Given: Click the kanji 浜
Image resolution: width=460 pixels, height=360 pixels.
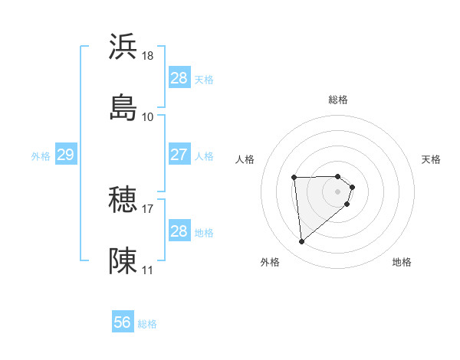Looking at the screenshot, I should click(123, 47).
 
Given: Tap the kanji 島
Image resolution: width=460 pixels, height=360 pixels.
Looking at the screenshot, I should click(123, 107).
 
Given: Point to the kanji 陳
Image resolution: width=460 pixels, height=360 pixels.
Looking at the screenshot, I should click(123, 260).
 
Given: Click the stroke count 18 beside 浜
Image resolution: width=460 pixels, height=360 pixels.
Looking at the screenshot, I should click(148, 56).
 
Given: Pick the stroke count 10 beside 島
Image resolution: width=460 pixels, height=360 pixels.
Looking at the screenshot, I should click(148, 116).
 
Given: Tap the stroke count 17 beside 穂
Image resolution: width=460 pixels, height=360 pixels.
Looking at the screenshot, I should click(148, 208).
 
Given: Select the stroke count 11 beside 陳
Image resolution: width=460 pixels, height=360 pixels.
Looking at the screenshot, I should click(148, 270).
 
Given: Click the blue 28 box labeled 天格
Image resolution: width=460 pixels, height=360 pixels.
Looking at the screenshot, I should click(179, 78).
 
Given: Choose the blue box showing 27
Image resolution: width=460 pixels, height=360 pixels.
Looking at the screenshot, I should click(179, 155).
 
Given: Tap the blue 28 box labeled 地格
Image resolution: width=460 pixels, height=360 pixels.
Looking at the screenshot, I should click(179, 231).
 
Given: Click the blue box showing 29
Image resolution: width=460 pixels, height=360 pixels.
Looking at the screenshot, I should click(65, 155).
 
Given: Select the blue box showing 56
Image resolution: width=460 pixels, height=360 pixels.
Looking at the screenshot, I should click(123, 322).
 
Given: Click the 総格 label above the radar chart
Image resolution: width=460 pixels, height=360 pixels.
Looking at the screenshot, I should click(338, 100).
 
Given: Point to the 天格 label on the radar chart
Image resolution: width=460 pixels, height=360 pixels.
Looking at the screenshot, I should click(432, 159).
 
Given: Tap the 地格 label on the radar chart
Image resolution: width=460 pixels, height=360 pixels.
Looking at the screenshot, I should click(402, 262).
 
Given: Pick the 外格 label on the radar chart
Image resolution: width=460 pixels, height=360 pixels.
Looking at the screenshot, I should click(270, 262).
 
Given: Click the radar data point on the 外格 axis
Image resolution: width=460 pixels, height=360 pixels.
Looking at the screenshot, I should click(302, 242).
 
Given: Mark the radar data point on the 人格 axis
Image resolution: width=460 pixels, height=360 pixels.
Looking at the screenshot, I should click(294, 178).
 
